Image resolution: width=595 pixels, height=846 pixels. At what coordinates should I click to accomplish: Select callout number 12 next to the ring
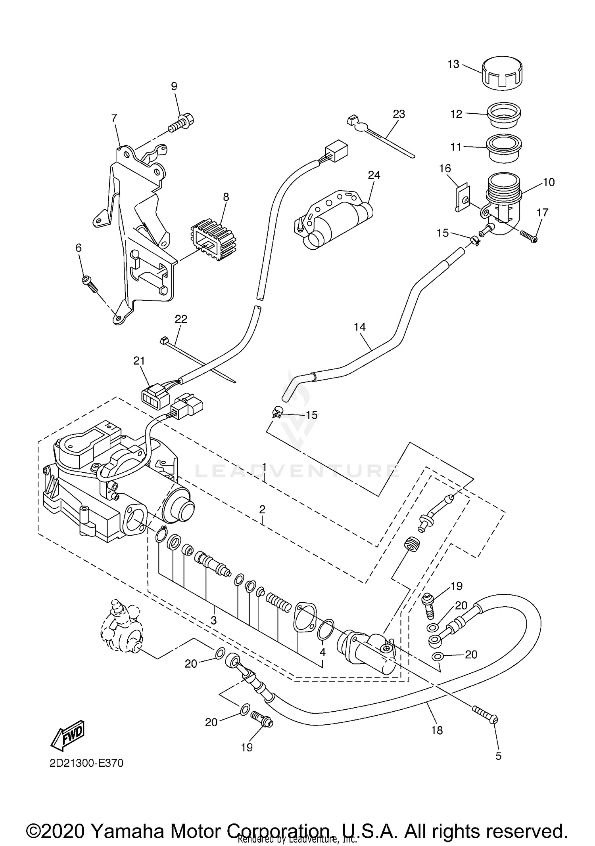(x=456, y=114)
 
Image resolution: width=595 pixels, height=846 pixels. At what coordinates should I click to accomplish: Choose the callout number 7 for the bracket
(x=114, y=118)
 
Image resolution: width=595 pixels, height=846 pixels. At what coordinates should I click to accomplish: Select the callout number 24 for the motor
(x=374, y=175)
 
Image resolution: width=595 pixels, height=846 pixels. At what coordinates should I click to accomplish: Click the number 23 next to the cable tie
(x=399, y=114)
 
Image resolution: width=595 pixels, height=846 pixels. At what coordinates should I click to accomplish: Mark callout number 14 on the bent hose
(x=360, y=327)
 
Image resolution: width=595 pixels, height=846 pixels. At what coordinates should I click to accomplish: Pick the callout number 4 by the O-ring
(x=322, y=652)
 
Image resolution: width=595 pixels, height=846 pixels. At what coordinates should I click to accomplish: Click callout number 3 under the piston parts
(x=213, y=620)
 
